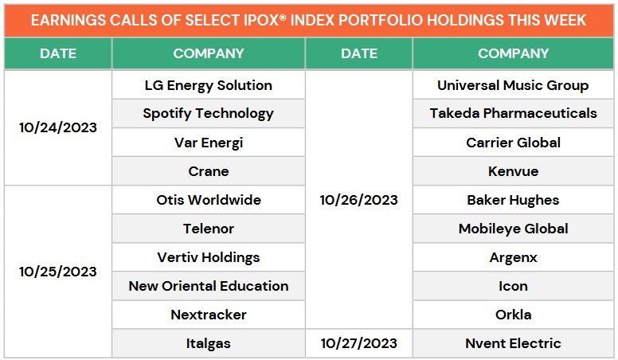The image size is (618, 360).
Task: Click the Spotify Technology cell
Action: [x=208, y=114]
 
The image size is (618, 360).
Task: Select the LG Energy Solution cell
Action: [x=208, y=85]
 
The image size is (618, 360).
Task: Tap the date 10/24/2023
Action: [x=58, y=127]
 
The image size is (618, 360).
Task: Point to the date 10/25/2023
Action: [x=58, y=272]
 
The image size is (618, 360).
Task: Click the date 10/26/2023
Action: [x=358, y=200]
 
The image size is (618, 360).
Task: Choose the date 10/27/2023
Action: [x=358, y=343]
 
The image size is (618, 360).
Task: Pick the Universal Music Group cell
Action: [x=513, y=85]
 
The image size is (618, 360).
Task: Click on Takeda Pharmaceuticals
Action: [x=513, y=114]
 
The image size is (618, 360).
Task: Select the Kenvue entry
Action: [x=513, y=171]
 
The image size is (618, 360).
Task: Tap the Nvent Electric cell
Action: [x=513, y=343]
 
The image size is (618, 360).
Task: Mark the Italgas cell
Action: [x=208, y=343]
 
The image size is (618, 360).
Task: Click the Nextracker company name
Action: [x=208, y=315]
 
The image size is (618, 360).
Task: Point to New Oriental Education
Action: [x=208, y=286]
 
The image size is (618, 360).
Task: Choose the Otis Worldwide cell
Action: [x=208, y=200]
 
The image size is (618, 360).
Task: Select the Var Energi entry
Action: [x=208, y=143]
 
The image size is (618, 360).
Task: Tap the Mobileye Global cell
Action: [x=513, y=229]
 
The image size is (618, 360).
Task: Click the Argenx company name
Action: [x=513, y=257]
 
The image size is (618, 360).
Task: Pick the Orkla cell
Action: [x=513, y=315]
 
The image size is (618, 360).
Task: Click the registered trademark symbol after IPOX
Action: [x=282, y=18]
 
